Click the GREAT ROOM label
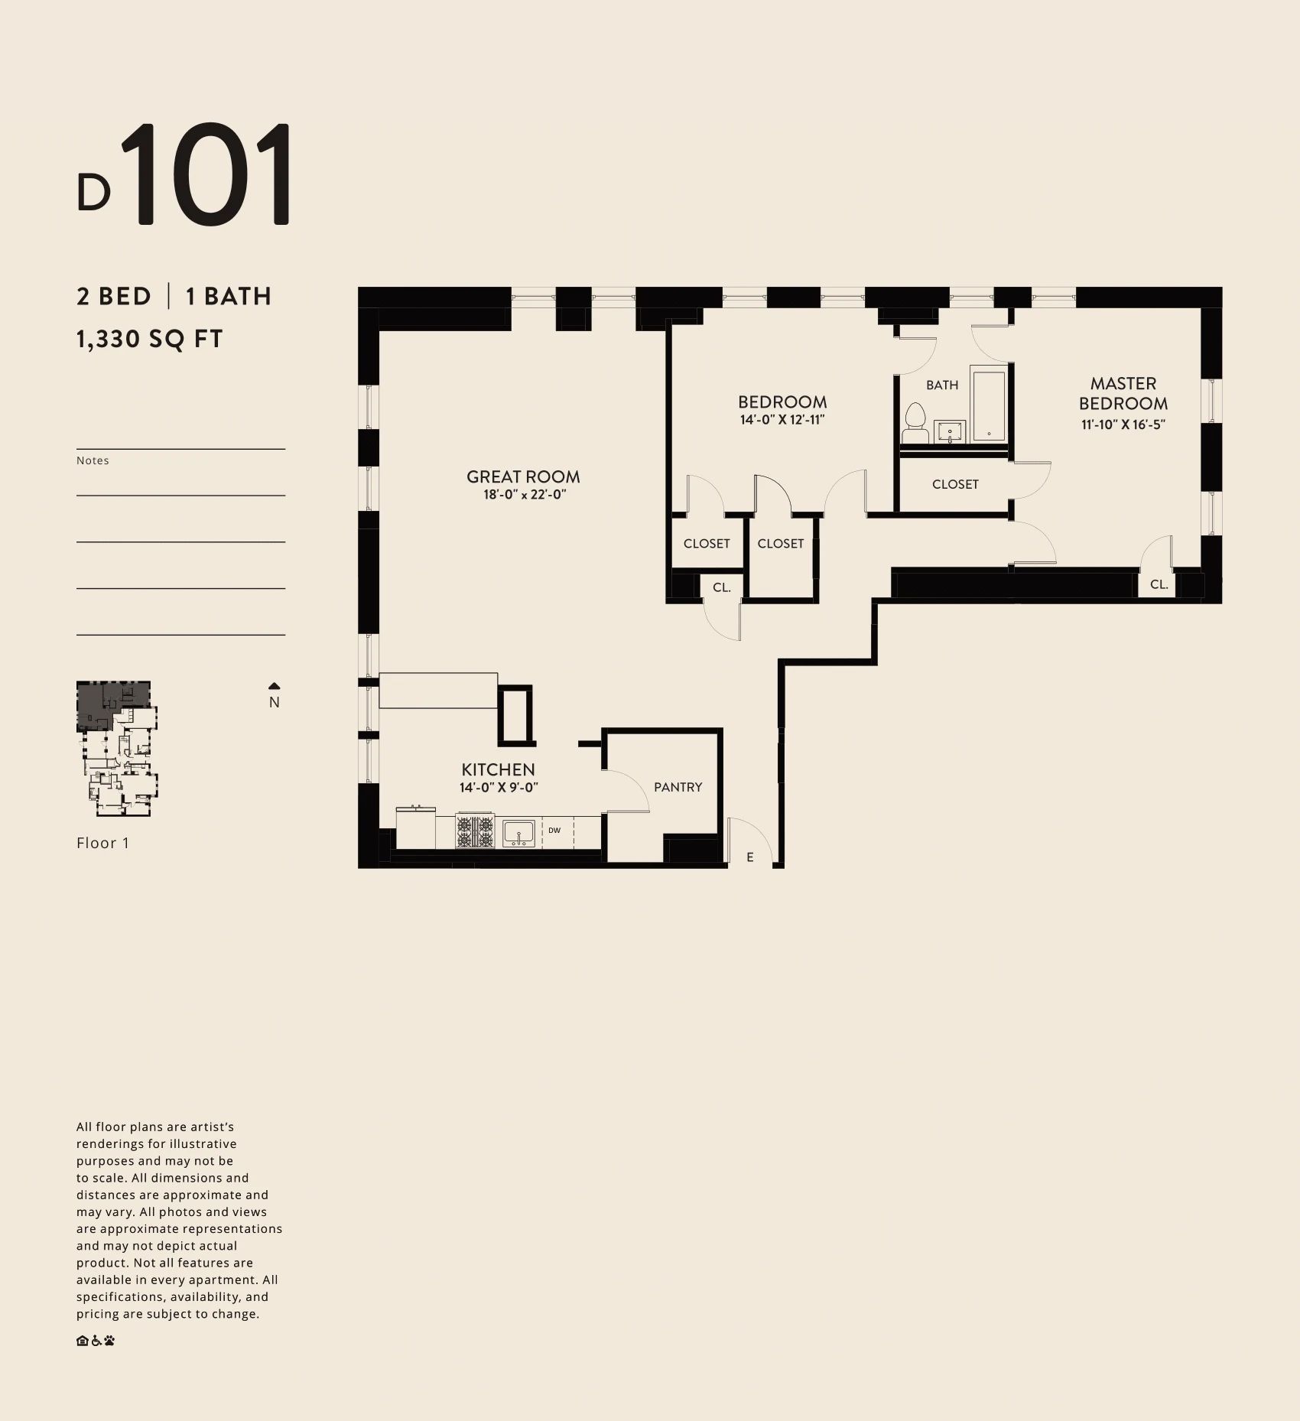click(x=523, y=476)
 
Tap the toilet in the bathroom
click(x=915, y=424)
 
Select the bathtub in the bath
click(x=989, y=405)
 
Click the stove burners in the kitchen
click(x=475, y=831)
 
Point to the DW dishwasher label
click(x=554, y=830)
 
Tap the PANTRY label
click(x=678, y=787)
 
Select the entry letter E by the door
click(x=750, y=857)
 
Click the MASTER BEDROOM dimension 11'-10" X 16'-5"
click(x=1123, y=425)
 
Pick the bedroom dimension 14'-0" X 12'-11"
click(x=782, y=420)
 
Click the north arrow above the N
click(x=275, y=686)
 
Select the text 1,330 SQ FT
click(x=149, y=339)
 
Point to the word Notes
click(x=93, y=460)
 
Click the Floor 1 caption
click(x=102, y=843)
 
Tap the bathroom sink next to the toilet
click(x=950, y=432)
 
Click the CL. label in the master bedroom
click(x=1159, y=584)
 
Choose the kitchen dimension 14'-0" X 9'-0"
click(x=499, y=788)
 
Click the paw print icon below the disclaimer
click(x=109, y=1341)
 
